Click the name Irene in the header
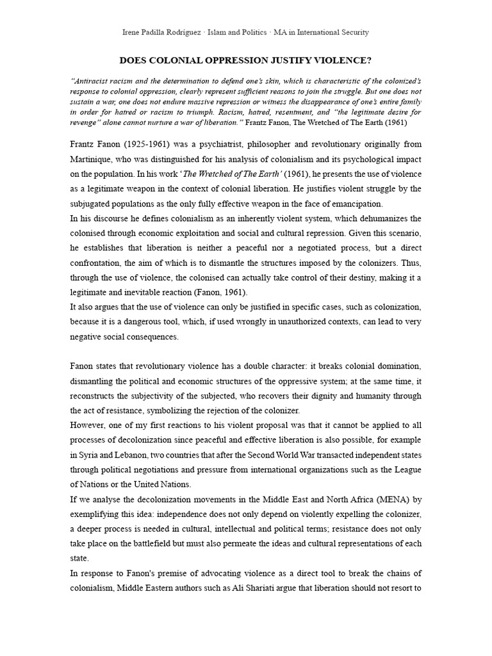pos(133,32)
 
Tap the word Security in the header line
pos(354,32)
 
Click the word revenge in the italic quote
pos(85,122)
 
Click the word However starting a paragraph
pos(90,425)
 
